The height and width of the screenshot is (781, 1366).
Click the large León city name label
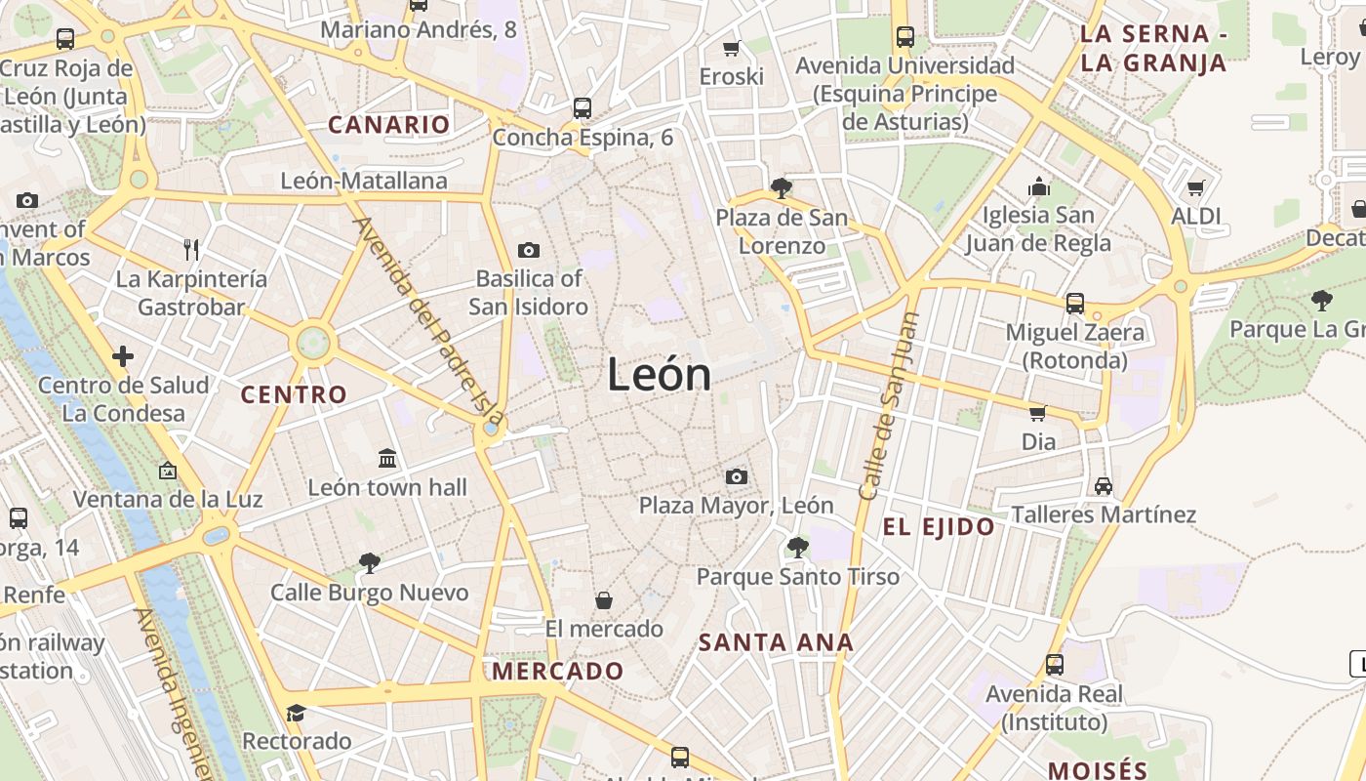659,374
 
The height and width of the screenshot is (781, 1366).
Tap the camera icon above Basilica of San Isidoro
529,250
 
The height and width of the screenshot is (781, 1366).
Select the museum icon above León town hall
387,457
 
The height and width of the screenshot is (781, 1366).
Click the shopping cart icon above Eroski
732,48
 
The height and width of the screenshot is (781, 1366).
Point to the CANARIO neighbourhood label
388,125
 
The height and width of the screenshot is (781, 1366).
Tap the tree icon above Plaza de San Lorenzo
781,187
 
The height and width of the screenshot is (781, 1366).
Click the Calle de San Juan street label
890,406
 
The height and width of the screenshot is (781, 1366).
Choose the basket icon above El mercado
604,599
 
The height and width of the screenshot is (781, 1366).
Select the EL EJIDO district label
939,528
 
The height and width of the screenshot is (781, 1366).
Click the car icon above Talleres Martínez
1104,485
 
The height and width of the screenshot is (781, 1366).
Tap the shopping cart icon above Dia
1038,413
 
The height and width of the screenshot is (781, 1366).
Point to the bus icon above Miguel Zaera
1074,303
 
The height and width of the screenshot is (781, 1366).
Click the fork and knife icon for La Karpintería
191,250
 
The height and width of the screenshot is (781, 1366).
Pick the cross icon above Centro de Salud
123,356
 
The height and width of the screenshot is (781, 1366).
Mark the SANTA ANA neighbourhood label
776,642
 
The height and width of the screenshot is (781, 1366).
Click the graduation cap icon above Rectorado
296,713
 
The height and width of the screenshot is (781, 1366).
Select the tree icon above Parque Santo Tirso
797,548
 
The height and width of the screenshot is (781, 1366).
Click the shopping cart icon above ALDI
1196,187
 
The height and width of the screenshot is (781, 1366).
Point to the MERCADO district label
557,672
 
